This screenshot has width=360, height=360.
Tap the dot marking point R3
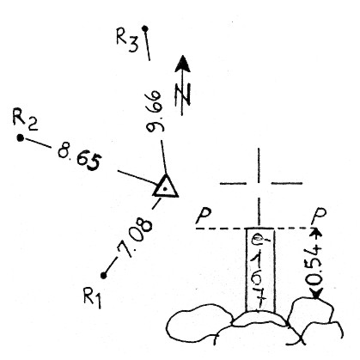click(x=145, y=28)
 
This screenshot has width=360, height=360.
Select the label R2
click(x=25, y=120)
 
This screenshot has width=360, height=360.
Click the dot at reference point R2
click(x=20, y=138)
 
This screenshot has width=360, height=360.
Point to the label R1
click(x=92, y=298)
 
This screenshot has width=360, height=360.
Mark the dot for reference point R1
click(x=104, y=276)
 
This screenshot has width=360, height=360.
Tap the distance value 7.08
click(x=135, y=238)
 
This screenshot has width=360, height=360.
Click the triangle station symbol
click(x=165, y=186)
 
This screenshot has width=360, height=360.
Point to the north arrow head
click(x=182, y=64)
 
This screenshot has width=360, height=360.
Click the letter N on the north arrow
click(x=182, y=95)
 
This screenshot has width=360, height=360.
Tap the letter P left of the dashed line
click(x=204, y=216)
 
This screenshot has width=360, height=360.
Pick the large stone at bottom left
click(x=200, y=322)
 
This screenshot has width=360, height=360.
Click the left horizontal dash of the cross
click(x=233, y=183)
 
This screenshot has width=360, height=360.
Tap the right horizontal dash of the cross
click(x=286, y=183)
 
